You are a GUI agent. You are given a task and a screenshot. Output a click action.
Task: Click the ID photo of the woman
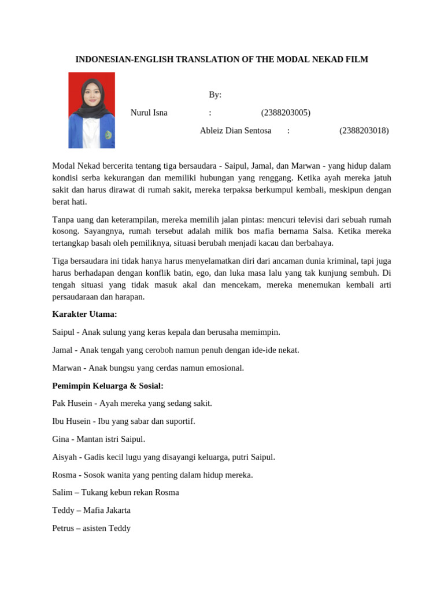point(91,110)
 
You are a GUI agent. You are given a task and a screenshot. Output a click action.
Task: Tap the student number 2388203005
point(286,113)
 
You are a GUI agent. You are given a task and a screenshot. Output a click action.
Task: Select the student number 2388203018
point(364,131)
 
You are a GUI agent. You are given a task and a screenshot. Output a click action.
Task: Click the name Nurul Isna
point(149,113)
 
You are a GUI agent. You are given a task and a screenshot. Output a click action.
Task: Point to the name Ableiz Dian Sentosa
point(235,131)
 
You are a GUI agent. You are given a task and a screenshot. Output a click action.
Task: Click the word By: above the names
point(215,95)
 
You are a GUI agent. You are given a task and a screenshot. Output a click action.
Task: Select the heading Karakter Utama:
point(84,314)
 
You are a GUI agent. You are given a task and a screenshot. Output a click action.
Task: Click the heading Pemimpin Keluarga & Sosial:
point(108,386)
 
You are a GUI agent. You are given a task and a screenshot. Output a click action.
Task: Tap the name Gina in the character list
point(61,439)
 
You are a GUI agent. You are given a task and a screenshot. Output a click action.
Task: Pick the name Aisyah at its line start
point(64,457)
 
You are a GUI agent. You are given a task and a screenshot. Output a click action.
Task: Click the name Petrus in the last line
point(63,528)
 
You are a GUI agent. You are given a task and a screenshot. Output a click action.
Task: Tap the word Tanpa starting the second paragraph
point(64,220)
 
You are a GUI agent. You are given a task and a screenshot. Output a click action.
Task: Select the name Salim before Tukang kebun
point(62,493)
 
